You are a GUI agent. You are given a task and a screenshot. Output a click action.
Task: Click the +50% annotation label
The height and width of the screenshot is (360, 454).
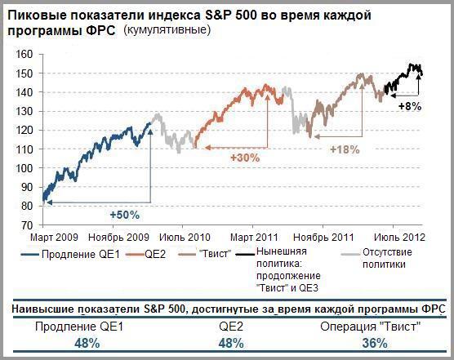point(125,215)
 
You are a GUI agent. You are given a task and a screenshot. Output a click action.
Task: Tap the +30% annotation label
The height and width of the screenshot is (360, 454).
point(245,158)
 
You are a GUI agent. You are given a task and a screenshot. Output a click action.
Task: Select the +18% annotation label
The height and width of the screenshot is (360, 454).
point(345,149)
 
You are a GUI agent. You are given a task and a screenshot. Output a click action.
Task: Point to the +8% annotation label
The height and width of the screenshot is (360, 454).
point(410,106)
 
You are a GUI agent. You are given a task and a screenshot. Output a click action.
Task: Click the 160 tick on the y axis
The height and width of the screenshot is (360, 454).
point(24,55)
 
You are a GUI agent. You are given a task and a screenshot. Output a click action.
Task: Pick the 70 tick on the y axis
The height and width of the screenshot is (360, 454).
point(28,225)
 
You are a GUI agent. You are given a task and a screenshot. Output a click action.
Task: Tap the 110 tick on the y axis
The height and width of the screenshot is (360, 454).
point(24,149)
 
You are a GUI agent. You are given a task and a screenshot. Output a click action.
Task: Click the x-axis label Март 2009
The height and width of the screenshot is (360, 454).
point(54,238)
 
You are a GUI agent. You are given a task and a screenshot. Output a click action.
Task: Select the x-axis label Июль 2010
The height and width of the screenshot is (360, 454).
point(185,238)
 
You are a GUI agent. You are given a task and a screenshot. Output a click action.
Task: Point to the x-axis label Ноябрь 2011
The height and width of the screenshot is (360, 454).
point(323,238)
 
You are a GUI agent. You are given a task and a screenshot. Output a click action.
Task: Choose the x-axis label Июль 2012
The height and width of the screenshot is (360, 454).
point(399,238)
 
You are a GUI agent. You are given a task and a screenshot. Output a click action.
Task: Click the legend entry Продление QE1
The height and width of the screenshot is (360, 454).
point(70,255)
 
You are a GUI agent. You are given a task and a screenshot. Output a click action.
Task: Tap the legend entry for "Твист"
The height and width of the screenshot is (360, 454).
point(205,254)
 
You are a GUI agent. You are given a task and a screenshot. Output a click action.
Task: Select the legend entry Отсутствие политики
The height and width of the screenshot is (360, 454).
point(376,258)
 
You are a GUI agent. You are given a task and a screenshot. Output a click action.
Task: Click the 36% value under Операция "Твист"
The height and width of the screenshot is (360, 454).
point(375,344)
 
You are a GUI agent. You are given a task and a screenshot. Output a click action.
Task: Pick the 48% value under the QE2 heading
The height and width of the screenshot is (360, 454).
point(231,344)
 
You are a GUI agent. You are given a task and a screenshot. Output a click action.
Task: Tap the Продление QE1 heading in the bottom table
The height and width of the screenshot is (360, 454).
point(79,327)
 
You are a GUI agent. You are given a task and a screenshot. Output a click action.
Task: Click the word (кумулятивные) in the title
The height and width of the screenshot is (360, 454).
point(167,30)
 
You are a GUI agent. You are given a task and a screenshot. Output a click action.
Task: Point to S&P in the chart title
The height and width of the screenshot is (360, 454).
point(217,16)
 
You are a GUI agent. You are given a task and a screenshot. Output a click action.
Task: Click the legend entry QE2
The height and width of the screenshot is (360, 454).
point(146,255)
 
